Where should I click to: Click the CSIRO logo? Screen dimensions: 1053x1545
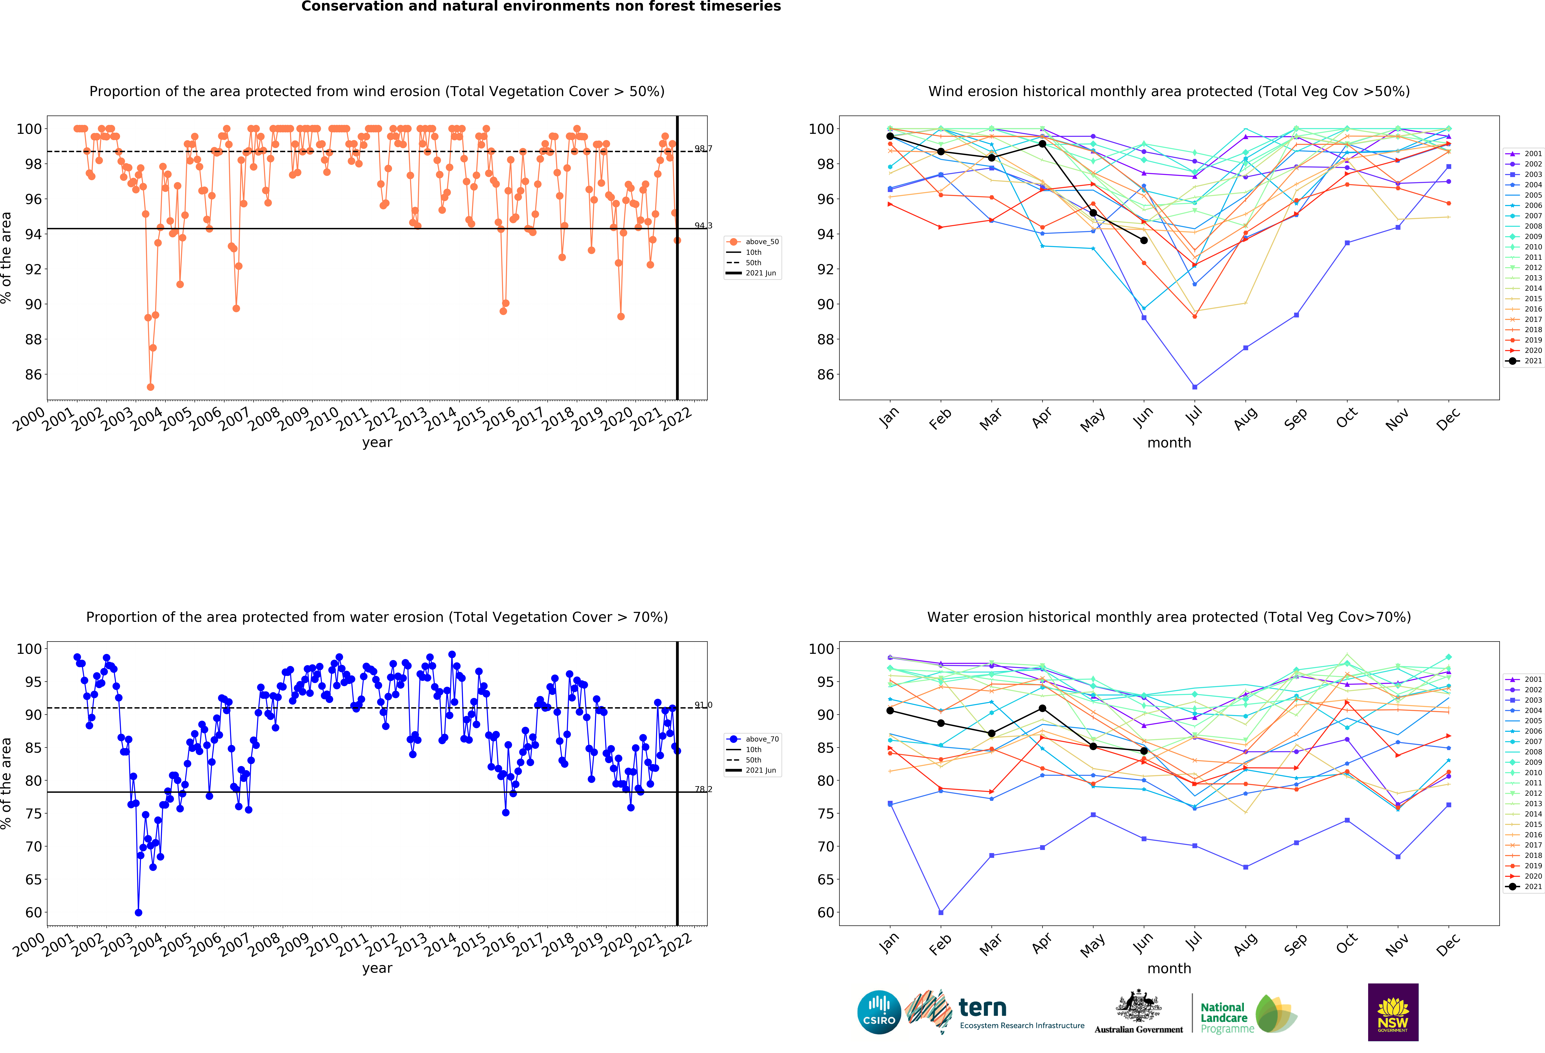tap(879, 1012)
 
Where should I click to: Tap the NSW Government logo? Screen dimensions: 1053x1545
tap(1393, 1012)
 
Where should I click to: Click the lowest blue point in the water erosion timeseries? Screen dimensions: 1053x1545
tap(138, 913)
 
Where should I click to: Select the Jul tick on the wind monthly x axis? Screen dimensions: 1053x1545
tap(1195, 415)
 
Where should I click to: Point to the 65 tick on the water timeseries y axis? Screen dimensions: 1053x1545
tap(33, 879)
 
